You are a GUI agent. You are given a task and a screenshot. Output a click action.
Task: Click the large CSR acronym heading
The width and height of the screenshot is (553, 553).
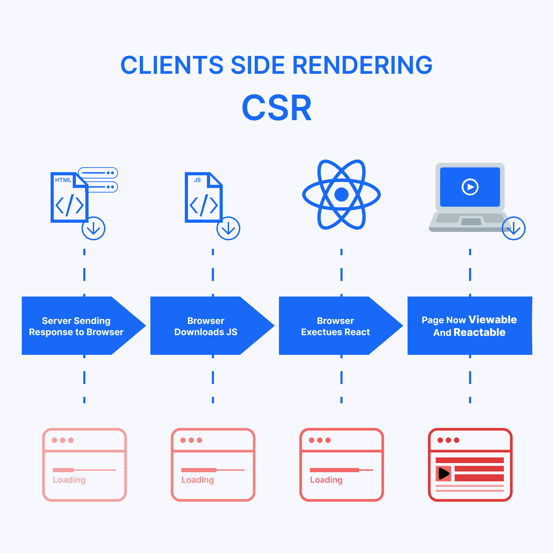click(x=277, y=108)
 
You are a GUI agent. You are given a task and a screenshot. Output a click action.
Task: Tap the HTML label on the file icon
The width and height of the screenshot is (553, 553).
click(x=63, y=180)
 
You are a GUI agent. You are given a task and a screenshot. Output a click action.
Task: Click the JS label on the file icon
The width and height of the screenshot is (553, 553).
click(x=197, y=180)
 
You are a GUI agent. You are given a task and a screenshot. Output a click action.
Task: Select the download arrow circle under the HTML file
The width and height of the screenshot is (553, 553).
click(x=93, y=229)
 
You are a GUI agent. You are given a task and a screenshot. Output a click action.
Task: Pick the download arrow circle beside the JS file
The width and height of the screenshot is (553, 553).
click(x=228, y=229)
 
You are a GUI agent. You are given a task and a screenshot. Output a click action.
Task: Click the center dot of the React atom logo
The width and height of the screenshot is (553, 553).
click(x=341, y=195)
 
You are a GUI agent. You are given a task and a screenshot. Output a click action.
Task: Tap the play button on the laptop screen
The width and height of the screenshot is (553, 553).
click(x=470, y=187)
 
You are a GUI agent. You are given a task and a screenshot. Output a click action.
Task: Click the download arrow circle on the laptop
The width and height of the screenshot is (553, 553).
click(x=514, y=229)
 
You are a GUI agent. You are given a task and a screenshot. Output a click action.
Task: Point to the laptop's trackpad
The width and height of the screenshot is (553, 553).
click(x=471, y=222)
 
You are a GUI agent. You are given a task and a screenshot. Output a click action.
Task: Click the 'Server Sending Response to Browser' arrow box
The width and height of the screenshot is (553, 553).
click(x=76, y=326)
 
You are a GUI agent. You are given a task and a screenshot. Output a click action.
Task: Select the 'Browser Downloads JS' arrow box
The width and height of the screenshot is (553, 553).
click(x=206, y=326)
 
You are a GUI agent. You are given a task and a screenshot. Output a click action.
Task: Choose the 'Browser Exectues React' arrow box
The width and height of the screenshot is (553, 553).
click(x=335, y=326)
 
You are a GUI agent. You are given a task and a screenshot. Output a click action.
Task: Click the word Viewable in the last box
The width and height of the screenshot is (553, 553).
click(x=493, y=320)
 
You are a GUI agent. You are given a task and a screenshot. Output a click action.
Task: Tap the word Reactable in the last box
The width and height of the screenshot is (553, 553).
click(x=479, y=332)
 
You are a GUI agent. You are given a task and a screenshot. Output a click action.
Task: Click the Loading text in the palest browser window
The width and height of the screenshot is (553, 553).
click(x=69, y=480)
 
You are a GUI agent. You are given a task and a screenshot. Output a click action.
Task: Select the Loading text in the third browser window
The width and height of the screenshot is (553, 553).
click(x=326, y=480)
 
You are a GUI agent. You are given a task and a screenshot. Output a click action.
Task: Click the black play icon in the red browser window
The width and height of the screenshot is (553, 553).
click(x=444, y=474)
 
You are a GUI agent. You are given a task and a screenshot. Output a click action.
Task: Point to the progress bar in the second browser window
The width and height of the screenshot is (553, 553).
click(x=212, y=470)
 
